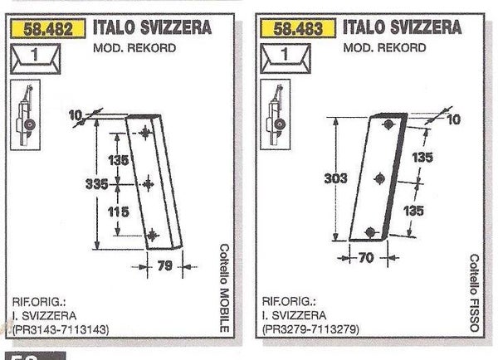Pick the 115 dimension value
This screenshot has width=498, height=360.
pyautogui.click(x=120, y=212)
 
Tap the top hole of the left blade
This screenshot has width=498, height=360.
pyautogui.click(x=146, y=134)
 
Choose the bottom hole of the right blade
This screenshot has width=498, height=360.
pyautogui.click(x=369, y=229)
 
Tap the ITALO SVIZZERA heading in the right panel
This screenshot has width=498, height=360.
pyautogui.click(x=402, y=27)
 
